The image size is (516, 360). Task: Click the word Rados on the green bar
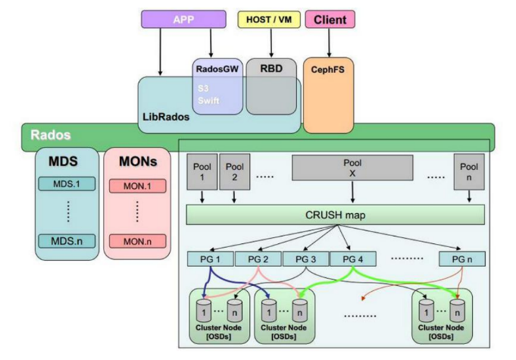point(50,136)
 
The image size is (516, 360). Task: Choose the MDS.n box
point(66,241)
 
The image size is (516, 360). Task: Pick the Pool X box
point(352,168)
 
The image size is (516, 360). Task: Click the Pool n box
point(469,171)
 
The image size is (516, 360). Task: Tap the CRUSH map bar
point(335,214)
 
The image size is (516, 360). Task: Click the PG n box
point(462,259)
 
